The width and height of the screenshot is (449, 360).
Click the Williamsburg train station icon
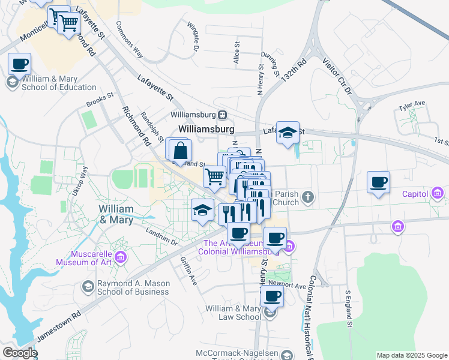pyautogui.click(x=223, y=115)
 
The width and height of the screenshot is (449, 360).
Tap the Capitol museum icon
pyautogui.click(x=438, y=193)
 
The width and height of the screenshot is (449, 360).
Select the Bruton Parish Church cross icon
pyautogui.click(x=308, y=197)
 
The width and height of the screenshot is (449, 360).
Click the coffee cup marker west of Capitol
pyautogui.click(x=378, y=182)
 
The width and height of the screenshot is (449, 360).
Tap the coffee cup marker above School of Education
pyautogui.click(x=19, y=63)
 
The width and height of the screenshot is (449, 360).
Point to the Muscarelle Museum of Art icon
pyautogui.click(x=121, y=257)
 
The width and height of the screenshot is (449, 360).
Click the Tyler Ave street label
pyautogui.click(x=412, y=105)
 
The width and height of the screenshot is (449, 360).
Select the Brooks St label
pyautogui.click(x=100, y=98)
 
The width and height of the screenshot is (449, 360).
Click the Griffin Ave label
pyautogui.click(x=188, y=271)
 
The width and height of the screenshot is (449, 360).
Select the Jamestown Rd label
pyautogui.click(x=59, y=327)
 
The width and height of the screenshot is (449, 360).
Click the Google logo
pyautogui.click(x=20, y=353)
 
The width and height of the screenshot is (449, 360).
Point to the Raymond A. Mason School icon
pyautogui.click(x=88, y=287)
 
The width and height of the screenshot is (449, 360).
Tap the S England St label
pyautogui.click(x=348, y=308)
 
